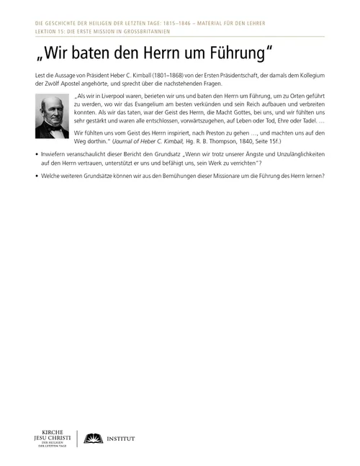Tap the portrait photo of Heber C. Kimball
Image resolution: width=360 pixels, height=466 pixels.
click(51, 117)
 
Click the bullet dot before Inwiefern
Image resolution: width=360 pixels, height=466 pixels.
click(36, 174)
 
